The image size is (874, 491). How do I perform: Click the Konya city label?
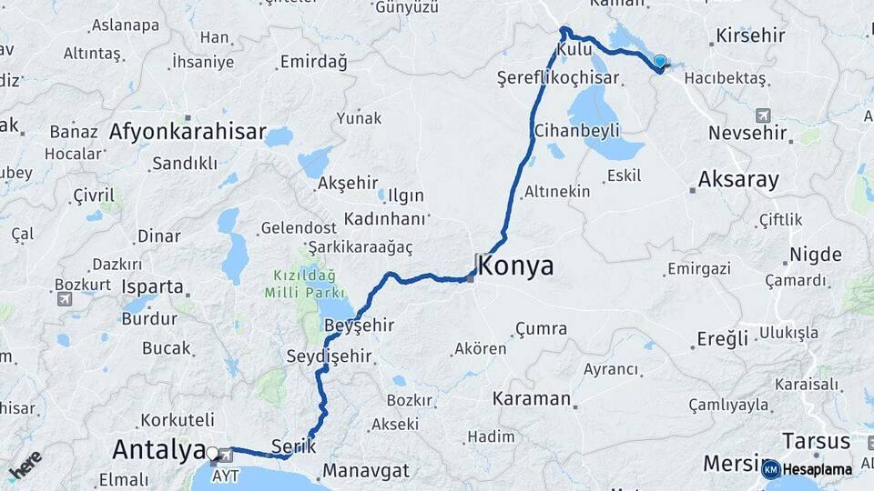coord(515,266)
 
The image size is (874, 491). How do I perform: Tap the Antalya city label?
coord(158,449)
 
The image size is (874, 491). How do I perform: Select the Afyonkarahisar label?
coord(188,132)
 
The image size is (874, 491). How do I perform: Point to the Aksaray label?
coord(738,179)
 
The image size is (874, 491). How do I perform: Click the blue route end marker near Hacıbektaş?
coord(660,62)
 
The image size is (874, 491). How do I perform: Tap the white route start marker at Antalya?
coord(212,452)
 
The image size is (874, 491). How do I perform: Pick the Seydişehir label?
coord(329,356)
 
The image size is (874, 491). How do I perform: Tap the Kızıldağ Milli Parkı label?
coord(305,284)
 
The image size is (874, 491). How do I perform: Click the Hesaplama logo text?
coord(818,470)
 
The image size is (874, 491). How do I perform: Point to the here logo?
coord(25,466)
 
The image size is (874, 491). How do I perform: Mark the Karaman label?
coord(532,398)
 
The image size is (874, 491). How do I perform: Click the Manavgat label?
coord(367,471)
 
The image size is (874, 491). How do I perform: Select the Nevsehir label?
coord(747,133)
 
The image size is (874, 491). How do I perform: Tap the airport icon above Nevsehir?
coord(762,115)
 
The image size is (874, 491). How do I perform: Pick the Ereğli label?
coord(723,339)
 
